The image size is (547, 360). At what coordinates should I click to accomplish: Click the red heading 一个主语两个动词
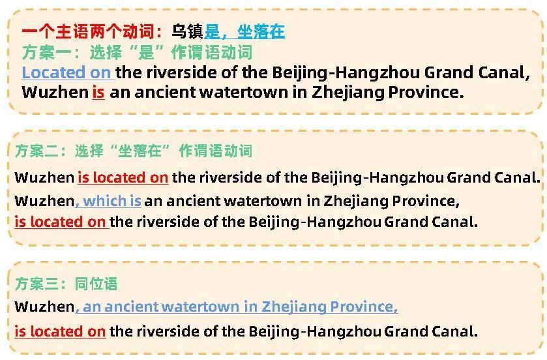(89, 31)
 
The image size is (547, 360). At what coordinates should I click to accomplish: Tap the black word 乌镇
(187, 31)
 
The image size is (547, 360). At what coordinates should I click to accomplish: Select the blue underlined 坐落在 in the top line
(261, 31)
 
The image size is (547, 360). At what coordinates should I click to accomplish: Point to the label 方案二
(37, 151)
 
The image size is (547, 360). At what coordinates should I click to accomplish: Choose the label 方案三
(37, 284)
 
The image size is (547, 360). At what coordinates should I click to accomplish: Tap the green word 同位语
(96, 284)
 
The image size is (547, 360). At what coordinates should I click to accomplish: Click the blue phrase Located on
(67, 72)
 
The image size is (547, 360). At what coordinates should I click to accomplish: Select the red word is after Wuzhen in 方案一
(98, 93)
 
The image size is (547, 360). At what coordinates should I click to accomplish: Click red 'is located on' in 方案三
(60, 331)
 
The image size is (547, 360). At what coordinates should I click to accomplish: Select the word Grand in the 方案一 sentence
(449, 72)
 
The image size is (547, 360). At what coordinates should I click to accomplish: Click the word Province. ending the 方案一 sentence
(426, 93)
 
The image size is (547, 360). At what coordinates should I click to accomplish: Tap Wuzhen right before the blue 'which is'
(44, 201)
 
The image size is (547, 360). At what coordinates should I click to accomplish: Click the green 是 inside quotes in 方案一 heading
(146, 53)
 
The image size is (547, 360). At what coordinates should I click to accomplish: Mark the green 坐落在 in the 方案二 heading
(140, 151)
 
